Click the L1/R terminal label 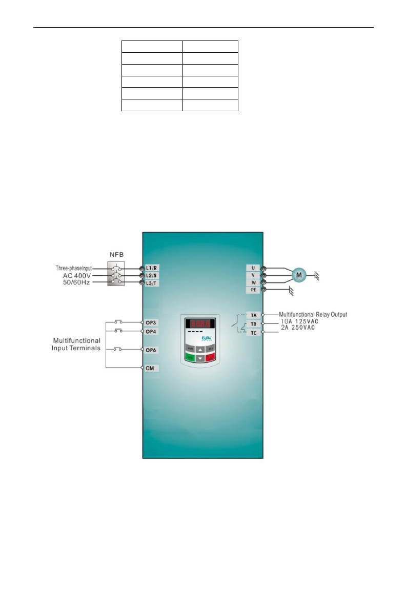pos(152,268)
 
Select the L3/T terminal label pos(152,282)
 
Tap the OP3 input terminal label pos(151,322)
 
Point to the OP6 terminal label pos(151,350)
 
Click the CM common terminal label pos(150,368)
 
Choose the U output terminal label pos(253,268)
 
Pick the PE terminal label pos(253,290)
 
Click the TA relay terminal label pos(253,314)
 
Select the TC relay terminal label pos(253,333)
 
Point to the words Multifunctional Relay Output pos(313,314)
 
